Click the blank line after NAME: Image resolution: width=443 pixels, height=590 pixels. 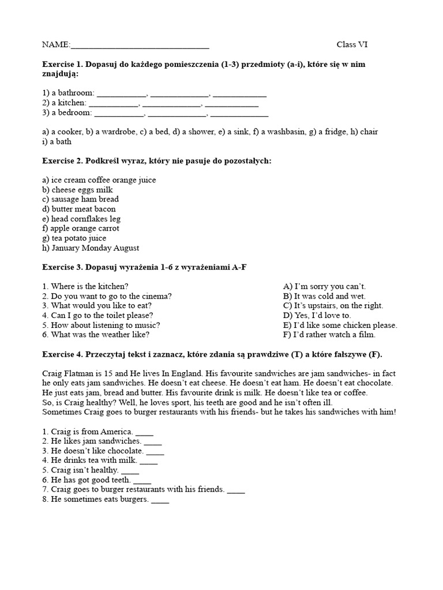pyautogui.click(x=140, y=46)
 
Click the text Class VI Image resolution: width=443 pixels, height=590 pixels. pyautogui.click(x=351, y=45)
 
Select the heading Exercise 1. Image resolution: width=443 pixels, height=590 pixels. pyautogui.click(x=63, y=65)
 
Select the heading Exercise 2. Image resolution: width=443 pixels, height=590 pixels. pyautogui.click(x=63, y=161)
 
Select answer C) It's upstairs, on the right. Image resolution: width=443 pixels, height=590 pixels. pyautogui.click(x=333, y=306)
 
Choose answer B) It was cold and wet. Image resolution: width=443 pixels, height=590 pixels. pyautogui.click(x=324, y=296)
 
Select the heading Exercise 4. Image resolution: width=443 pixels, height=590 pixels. pyautogui.click(x=63, y=354)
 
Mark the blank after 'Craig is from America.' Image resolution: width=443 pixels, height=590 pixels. pyautogui.click(x=144, y=432)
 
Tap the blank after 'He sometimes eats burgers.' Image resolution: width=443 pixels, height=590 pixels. pyautogui.click(x=160, y=500)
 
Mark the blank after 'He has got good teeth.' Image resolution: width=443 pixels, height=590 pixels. pyautogui.click(x=142, y=481)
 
